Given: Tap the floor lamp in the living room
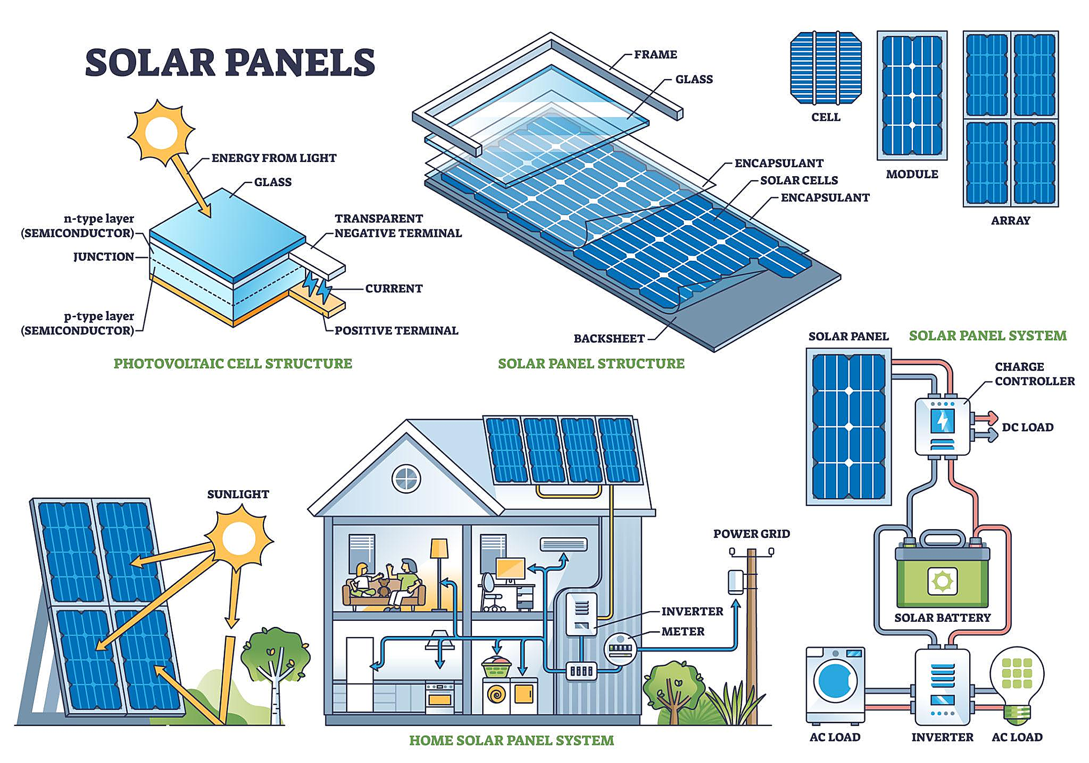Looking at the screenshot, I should (x=439, y=573).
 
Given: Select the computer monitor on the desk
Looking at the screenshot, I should (x=510, y=569).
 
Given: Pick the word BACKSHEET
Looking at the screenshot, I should (x=609, y=339).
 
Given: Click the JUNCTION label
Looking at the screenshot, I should (x=104, y=257).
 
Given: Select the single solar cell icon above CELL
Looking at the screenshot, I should (x=826, y=68).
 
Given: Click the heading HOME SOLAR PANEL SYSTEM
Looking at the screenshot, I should (x=512, y=740).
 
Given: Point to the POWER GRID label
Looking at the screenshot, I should (x=751, y=534).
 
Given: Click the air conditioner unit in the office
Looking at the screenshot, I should (x=563, y=544).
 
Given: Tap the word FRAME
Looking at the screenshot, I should (x=655, y=54).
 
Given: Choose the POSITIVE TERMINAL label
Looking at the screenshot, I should (x=396, y=330).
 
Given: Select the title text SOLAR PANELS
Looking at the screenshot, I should (x=230, y=62).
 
